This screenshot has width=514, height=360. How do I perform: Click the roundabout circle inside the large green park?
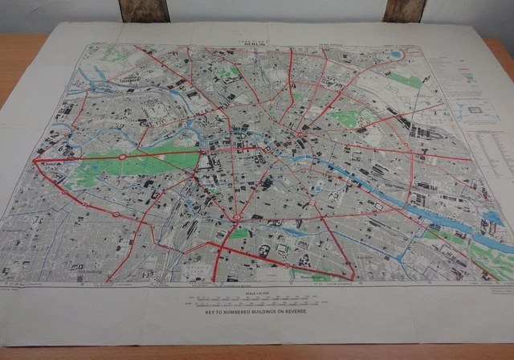tap(122, 157)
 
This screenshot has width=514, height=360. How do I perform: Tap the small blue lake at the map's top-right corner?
tap(397, 55)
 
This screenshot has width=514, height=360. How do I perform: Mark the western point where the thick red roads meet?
tap(35, 161)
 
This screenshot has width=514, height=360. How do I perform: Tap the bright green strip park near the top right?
tap(406, 80)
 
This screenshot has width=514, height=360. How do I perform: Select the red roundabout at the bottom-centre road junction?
tap(239, 217)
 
